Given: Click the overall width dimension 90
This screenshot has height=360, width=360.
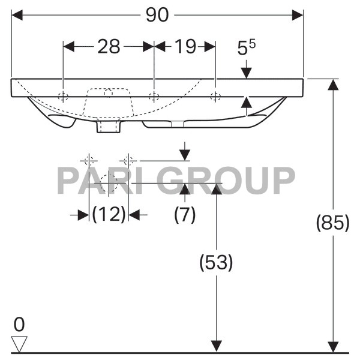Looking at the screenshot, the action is point(157,15).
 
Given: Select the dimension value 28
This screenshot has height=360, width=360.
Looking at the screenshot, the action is point(109,47).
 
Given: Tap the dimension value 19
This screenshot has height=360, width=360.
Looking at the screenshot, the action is point(185,47).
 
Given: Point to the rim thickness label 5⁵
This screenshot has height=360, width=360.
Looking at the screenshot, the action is point(246,47).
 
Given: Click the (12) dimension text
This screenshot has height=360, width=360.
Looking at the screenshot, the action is point(109,214).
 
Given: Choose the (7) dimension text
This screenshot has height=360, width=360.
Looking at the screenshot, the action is point(185,214).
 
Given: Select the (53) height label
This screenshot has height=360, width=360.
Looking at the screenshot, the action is point(216,262).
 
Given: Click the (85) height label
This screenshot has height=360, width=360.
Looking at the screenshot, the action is point(332,223).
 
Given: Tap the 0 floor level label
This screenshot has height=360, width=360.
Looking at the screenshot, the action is point(19,325).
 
